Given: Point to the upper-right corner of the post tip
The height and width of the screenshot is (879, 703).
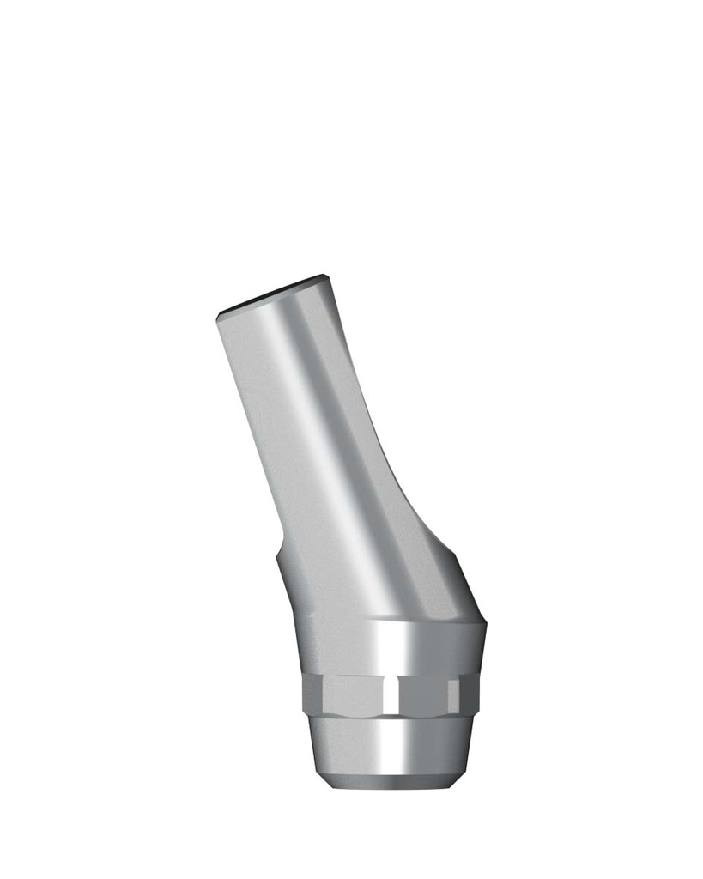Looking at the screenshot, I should tap(324, 276).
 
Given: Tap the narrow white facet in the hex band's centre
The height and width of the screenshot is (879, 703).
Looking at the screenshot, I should tap(391, 694).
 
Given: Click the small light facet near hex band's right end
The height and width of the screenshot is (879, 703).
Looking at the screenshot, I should tap(452, 694).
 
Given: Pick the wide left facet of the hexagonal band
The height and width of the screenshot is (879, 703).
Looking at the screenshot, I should tap(343, 694).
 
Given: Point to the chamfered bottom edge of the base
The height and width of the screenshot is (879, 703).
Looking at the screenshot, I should tap(391, 783).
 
